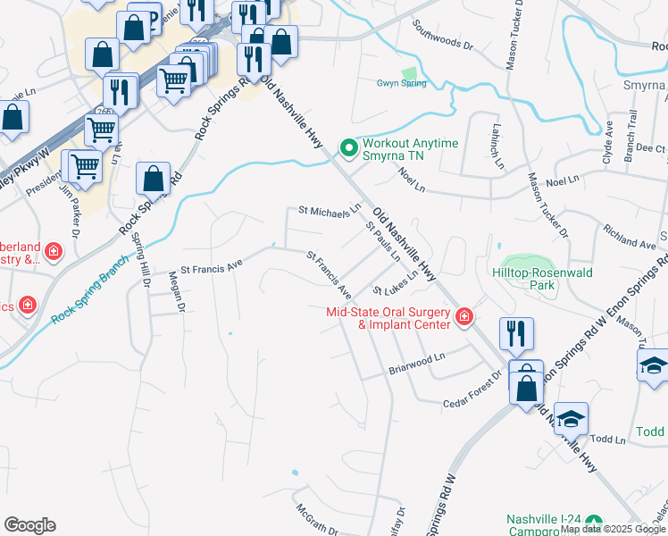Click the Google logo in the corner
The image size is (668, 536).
click(29, 525)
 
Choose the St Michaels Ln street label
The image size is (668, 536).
click(329, 212)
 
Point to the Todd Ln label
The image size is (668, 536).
click(607, 440)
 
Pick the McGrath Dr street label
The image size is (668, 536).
click(316, 518)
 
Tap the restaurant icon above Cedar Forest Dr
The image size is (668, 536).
click(516, 334)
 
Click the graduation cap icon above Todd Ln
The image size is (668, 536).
click(571, 417)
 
